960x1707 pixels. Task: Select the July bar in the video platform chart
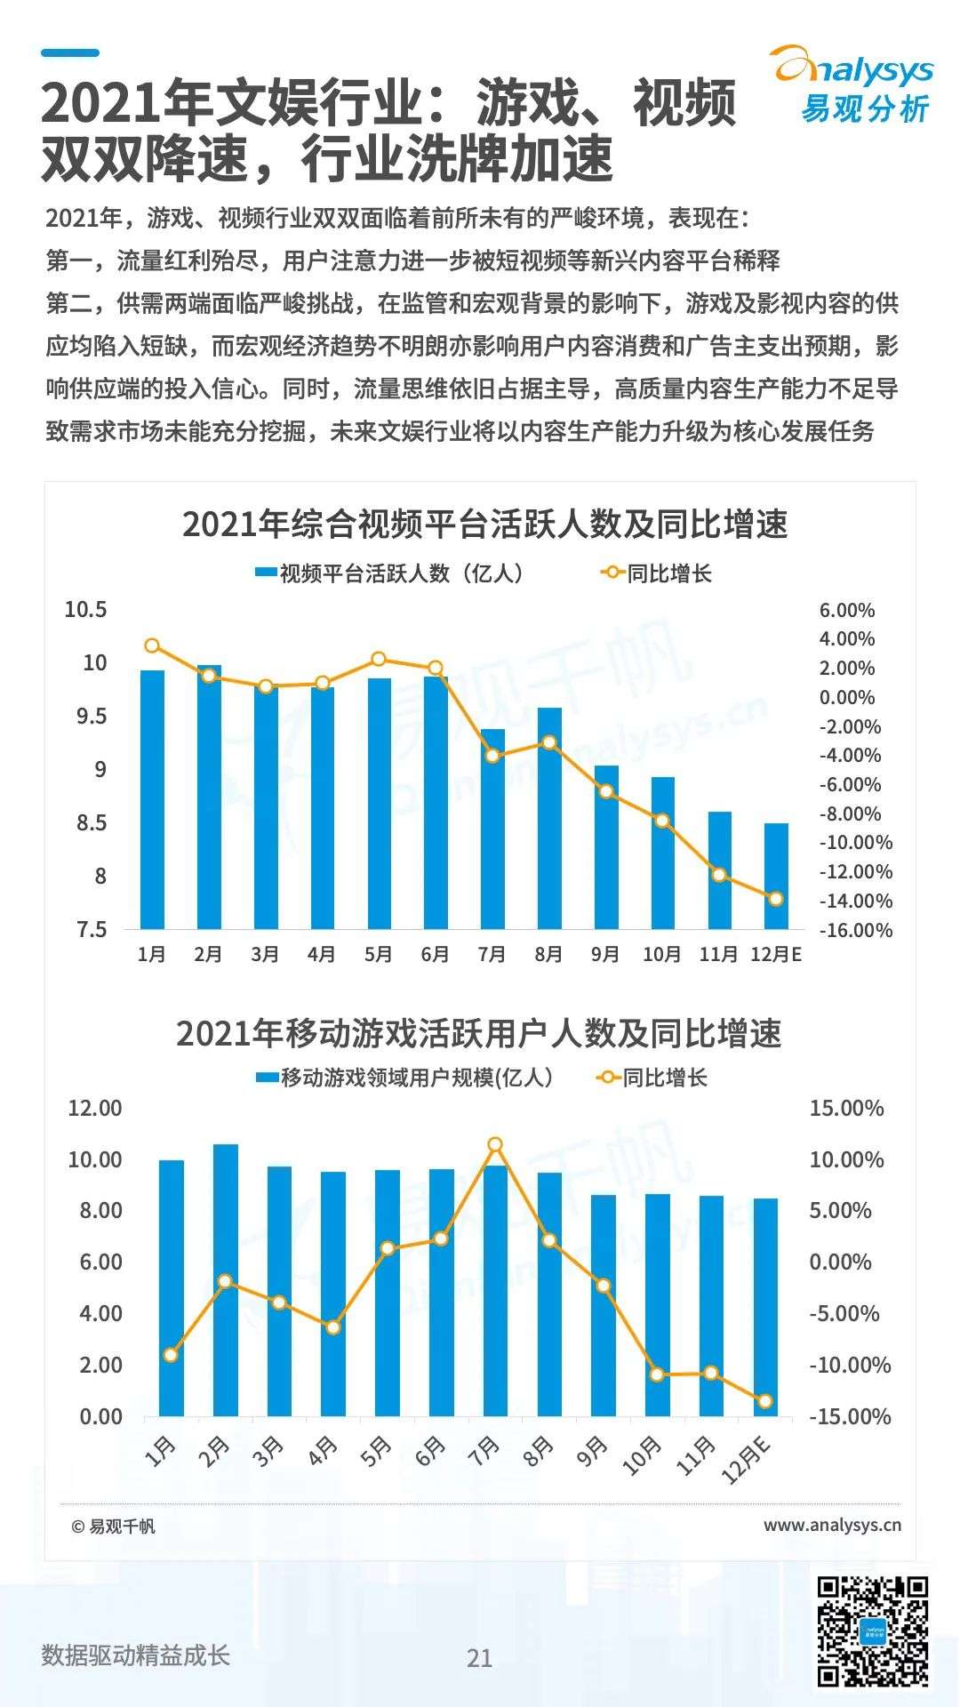(x=492, y=829)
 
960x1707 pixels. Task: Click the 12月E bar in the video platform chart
(x=776, y=876)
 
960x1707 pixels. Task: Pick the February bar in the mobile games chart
(x=226, y=1279)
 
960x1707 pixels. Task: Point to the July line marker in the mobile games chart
(x=495, y=1144)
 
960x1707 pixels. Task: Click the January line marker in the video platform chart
(x=152, y=645)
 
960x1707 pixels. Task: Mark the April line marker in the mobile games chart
(x=333, y=1327)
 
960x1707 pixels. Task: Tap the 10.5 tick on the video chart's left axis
(x=85, y=610)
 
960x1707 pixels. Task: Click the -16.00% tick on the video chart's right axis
(x=856, y=931)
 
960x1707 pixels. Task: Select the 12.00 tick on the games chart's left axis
(x=95, y=1109)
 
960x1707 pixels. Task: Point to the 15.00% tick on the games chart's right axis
(x=846, y=1109)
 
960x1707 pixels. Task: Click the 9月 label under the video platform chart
(x=605, y=955)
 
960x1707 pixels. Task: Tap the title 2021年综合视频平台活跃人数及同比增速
(x=484, y=525)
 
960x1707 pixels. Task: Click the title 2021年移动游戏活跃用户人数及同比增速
(x=479, y=1034)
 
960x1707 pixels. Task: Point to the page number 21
(x=480, y=1658)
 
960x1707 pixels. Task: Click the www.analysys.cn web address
(x=832, y=1526)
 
